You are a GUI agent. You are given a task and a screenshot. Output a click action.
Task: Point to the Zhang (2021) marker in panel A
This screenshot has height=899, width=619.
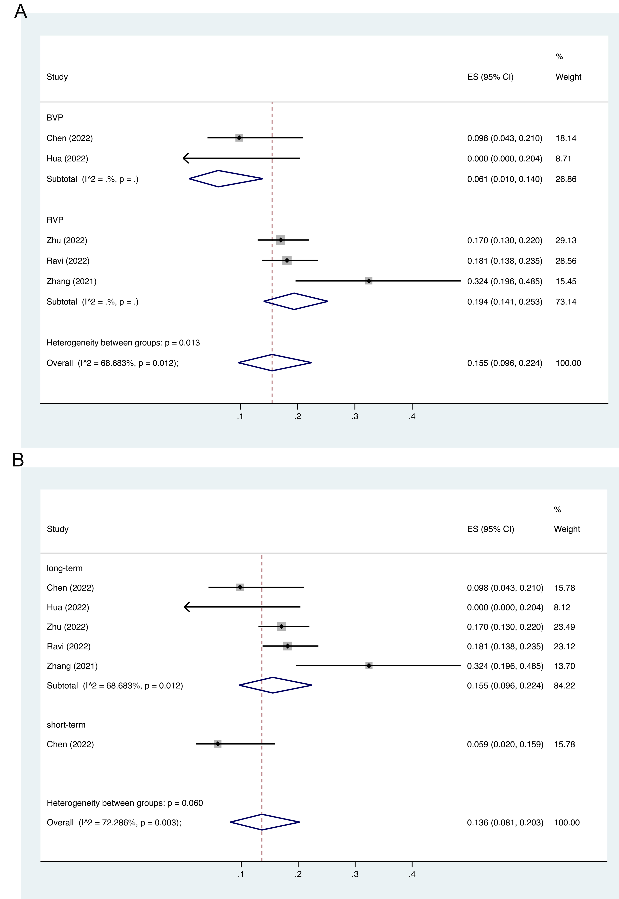[369, 281]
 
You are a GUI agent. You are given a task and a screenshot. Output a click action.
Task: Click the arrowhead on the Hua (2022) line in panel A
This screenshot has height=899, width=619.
[185, 158]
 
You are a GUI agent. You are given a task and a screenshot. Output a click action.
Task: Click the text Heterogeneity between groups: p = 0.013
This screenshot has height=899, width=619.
[123, 343]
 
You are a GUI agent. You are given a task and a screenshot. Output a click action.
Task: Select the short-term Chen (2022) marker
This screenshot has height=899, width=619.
[218, 744]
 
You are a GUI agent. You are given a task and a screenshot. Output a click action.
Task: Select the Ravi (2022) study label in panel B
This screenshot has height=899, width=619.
[69, 646]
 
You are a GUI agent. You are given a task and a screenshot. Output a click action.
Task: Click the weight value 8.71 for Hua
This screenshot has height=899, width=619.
[563, 159]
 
